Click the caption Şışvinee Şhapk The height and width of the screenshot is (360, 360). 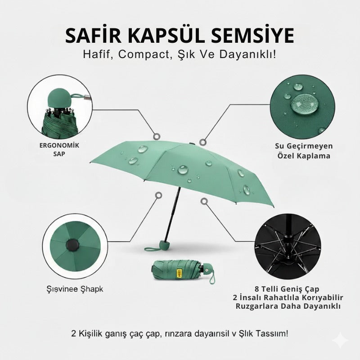[75, 289]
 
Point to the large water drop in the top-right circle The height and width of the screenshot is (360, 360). [303, 103]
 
